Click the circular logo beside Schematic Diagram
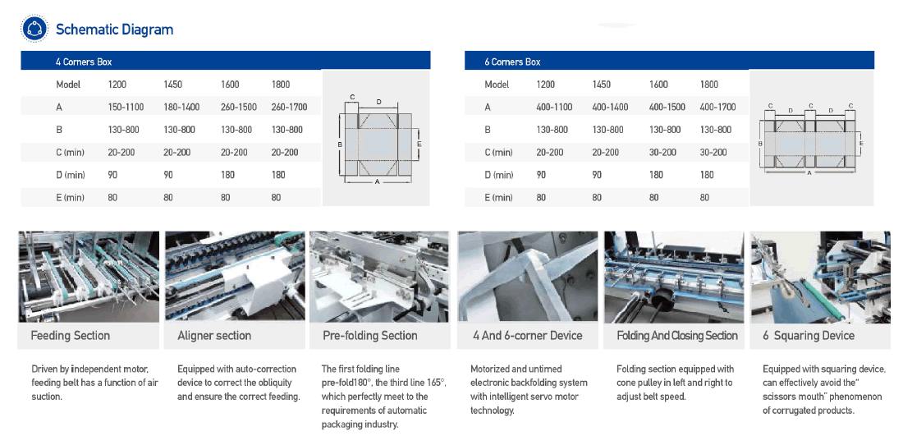(x=34, y=30)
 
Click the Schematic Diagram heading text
(x=114, y=30)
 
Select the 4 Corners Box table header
(x=84, y=62)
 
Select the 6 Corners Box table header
(x=513, y=62)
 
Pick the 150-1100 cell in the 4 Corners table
(x=126, y=107)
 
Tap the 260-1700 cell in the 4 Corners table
(x=289, y=107)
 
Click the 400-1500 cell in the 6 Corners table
(x=667, y=107)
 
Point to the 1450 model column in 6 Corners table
(x=601, y=84)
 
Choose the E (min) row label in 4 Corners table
(x=71, y=197)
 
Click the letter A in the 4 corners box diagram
(x=377, y=182)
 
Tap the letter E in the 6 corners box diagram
(x=860, y=143)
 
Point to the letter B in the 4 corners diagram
(x=339, y=145)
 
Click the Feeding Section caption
(x=70, y=335)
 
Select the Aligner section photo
(x=234, y=276)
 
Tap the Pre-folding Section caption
(x=369, y=335)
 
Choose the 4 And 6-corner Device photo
(x=528, y=276)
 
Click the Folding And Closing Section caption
(x=676, y=335)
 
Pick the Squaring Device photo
(x=820, y=276)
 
